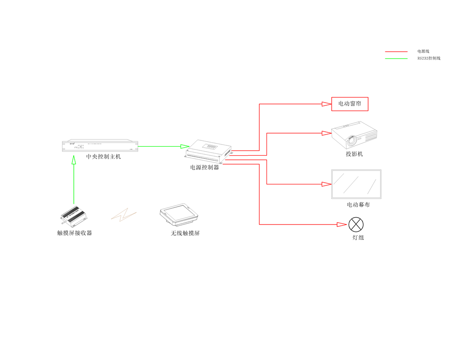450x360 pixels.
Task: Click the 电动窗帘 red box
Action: (x=350, y=104)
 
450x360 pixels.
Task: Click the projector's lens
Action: (x=351, y=140)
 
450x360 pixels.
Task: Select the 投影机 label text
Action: (x=354, y=154)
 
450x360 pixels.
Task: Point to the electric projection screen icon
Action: (x=356, y=184)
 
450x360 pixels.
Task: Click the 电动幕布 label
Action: (x=358, y=205)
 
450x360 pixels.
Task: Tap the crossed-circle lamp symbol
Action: (x=356, y=224)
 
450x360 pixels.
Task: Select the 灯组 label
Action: (x=358, y=237)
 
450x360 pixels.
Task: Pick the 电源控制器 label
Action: (x=204, y=167)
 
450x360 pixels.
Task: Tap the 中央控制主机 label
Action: (x=103, y=157)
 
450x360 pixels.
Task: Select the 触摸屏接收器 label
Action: (x=75, y=233)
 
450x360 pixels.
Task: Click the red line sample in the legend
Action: (x=396, y=52)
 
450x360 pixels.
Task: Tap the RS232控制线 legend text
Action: (x=428, y=58)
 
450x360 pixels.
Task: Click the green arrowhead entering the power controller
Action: (x=184, y=146)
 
